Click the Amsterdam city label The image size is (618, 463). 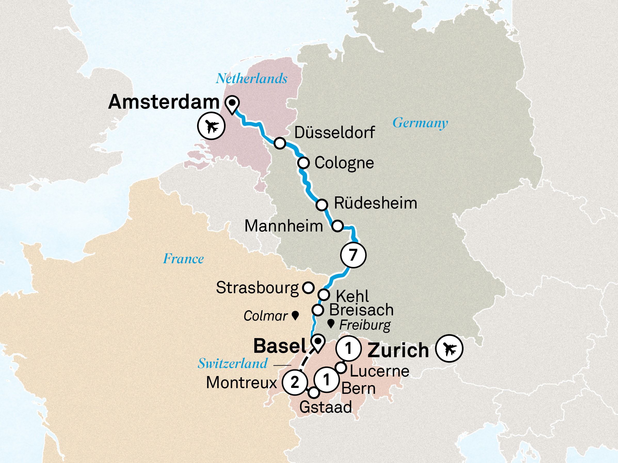coord(164,102)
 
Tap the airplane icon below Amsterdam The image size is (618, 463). coord(211,126)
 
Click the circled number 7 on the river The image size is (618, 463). coord(353,255)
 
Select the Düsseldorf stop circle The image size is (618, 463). coord(280,143)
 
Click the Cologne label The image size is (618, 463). coord(344,163)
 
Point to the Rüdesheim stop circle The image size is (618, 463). coord(322,205)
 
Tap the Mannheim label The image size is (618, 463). coord(284,226)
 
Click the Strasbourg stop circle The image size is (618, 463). coord(308,287)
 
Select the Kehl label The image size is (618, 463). coord(352,296)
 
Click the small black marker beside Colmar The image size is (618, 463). coord(295,316)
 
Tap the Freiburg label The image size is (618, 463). coord(365,325)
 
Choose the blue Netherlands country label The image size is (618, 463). coord(251,78)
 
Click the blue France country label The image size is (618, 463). coord(183,259)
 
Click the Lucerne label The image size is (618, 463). coord(379,371)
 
